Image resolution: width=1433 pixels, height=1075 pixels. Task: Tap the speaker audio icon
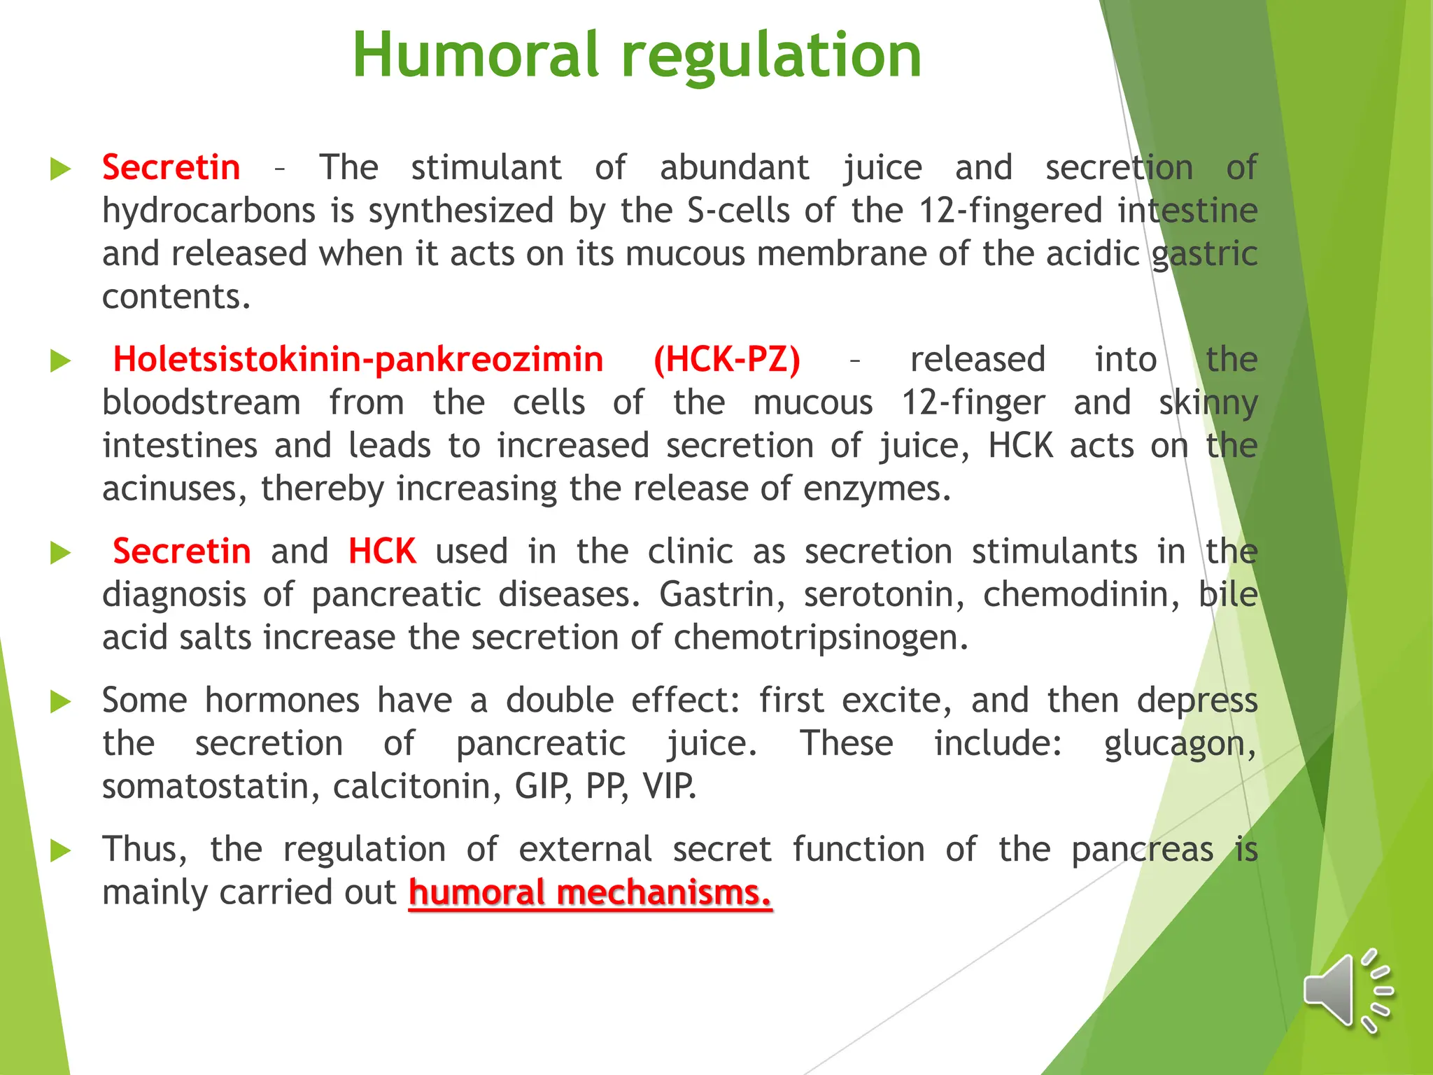[x=1346, y=991]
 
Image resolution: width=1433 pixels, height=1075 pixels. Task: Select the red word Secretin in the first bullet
[x=171, y=168]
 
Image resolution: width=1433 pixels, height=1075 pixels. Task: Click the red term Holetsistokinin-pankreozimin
[x=358, y=360]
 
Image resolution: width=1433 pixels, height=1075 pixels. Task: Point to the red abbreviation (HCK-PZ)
[x=727, y=360]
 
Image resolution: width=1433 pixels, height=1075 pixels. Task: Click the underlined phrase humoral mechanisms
[x=590, y=893]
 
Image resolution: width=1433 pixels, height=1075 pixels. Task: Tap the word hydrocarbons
[x=209, y=211]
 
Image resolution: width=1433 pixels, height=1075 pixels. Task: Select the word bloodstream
[x=202, y=403]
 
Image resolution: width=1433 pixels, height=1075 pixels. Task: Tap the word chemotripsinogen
[x=821, y=638]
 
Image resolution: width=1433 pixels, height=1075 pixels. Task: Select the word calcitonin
[x=417, y=787]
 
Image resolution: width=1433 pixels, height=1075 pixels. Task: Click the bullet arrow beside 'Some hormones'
[x=62, y=701]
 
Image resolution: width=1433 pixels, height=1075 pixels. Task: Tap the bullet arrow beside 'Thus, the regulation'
[x=62, y=850]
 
